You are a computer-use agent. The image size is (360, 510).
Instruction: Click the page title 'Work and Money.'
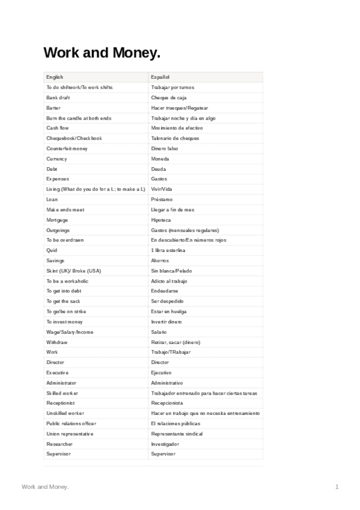pos(102,54)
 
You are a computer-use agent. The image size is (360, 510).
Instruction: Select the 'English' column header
pos(55,77)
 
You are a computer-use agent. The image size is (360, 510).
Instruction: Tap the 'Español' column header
pos(160,77)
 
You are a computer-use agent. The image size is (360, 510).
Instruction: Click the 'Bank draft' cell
pos(58,97)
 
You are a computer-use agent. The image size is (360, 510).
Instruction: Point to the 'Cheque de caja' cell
pos(169,97)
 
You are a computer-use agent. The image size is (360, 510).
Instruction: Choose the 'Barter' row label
pos(53,108)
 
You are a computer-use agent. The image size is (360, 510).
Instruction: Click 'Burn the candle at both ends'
pos(79,118)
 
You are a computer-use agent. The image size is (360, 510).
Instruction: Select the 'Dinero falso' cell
pos(165,149)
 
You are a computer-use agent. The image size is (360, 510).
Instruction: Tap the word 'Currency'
pos(56,159)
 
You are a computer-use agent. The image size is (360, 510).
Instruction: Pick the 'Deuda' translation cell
pos(159,169)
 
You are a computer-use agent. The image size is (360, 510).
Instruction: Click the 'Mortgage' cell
pos(57,220)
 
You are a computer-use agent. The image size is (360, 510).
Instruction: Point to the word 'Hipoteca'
pos(161,220)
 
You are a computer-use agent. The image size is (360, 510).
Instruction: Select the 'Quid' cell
pos(52,250)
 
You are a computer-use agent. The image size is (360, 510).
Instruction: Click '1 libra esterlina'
pos(168,250)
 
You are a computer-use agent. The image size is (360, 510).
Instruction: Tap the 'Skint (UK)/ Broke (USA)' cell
pos(73,271)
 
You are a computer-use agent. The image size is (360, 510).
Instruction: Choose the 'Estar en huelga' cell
pos(169,312)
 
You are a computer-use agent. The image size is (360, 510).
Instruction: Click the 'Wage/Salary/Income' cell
pos(70,332)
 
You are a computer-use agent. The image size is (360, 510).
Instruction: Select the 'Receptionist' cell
pos(61,403)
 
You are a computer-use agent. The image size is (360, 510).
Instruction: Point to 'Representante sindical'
pos(177,434)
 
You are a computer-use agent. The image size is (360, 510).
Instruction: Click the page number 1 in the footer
pos(337,486)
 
